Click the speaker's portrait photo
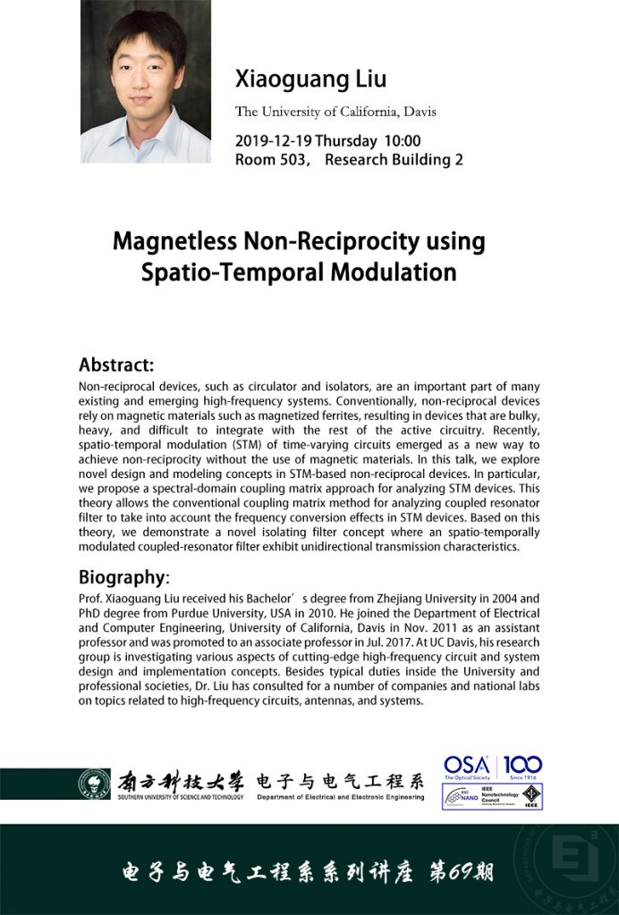pyautogui.click(x=146, y=81)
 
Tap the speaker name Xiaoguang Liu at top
pyautogui.click(x=310, y=79)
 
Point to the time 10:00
pyautogui.click(x=403, y=141)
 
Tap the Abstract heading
pyautogui.click(x=116, y=365)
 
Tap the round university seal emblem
pyautogui.click(x=94, y=785)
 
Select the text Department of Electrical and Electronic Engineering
pyautogui.click(x=340, y=797)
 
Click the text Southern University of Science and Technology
pyautogui.click(x=179, y=797)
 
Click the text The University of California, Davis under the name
pyautogui.click(x=335, y=112)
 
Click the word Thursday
pyautogui.click(x=346, y=141)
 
